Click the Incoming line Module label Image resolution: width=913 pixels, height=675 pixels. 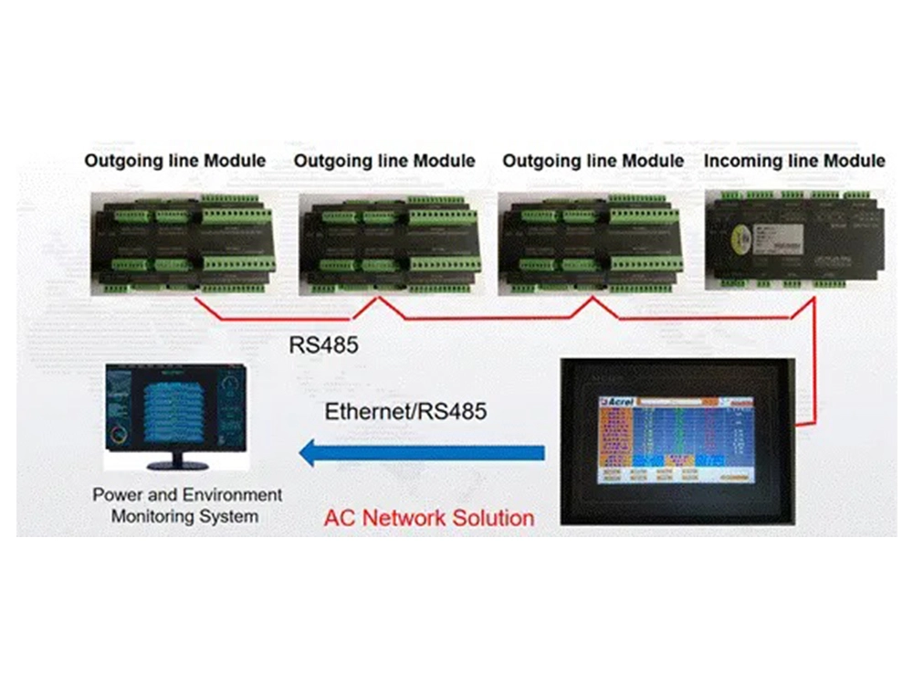click(x=794, y=161)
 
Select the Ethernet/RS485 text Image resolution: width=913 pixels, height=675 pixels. click(x=405, y=412)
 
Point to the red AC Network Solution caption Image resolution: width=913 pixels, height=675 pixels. click(x=429, y=518)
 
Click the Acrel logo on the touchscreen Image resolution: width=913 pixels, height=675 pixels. click(x=617, y=401)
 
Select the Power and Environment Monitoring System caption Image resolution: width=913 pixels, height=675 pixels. click(x=187, y=505)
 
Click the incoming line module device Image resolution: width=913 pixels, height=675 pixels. click(x=794, y=239)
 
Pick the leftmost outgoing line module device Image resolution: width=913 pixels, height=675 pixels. click(x=184, y=243)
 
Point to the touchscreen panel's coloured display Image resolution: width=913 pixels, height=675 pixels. click(x=675, y=439)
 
